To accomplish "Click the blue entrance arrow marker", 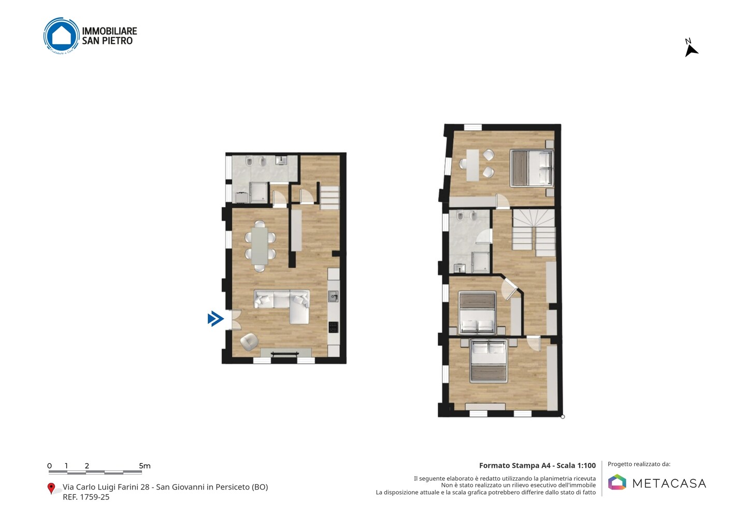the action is [x=216, y=318].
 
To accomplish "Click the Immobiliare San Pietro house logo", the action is [x=62, y=36].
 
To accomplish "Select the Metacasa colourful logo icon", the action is [x=617, y=482].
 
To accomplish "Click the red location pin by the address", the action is [x=51, y=489].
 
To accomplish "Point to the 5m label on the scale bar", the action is [x=145, y=466].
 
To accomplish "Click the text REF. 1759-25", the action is [x=86, y=497].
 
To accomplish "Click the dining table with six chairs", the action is [x=260, y=245].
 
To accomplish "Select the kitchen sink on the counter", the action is [x=333, y=296].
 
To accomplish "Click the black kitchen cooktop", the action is [x=334, y=327].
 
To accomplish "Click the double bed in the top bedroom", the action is [x=532, y=168].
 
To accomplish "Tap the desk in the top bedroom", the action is [x=472, y=165].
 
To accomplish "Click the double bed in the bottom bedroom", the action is [x=488, y=360].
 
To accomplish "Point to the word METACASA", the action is [x=669, y=483].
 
